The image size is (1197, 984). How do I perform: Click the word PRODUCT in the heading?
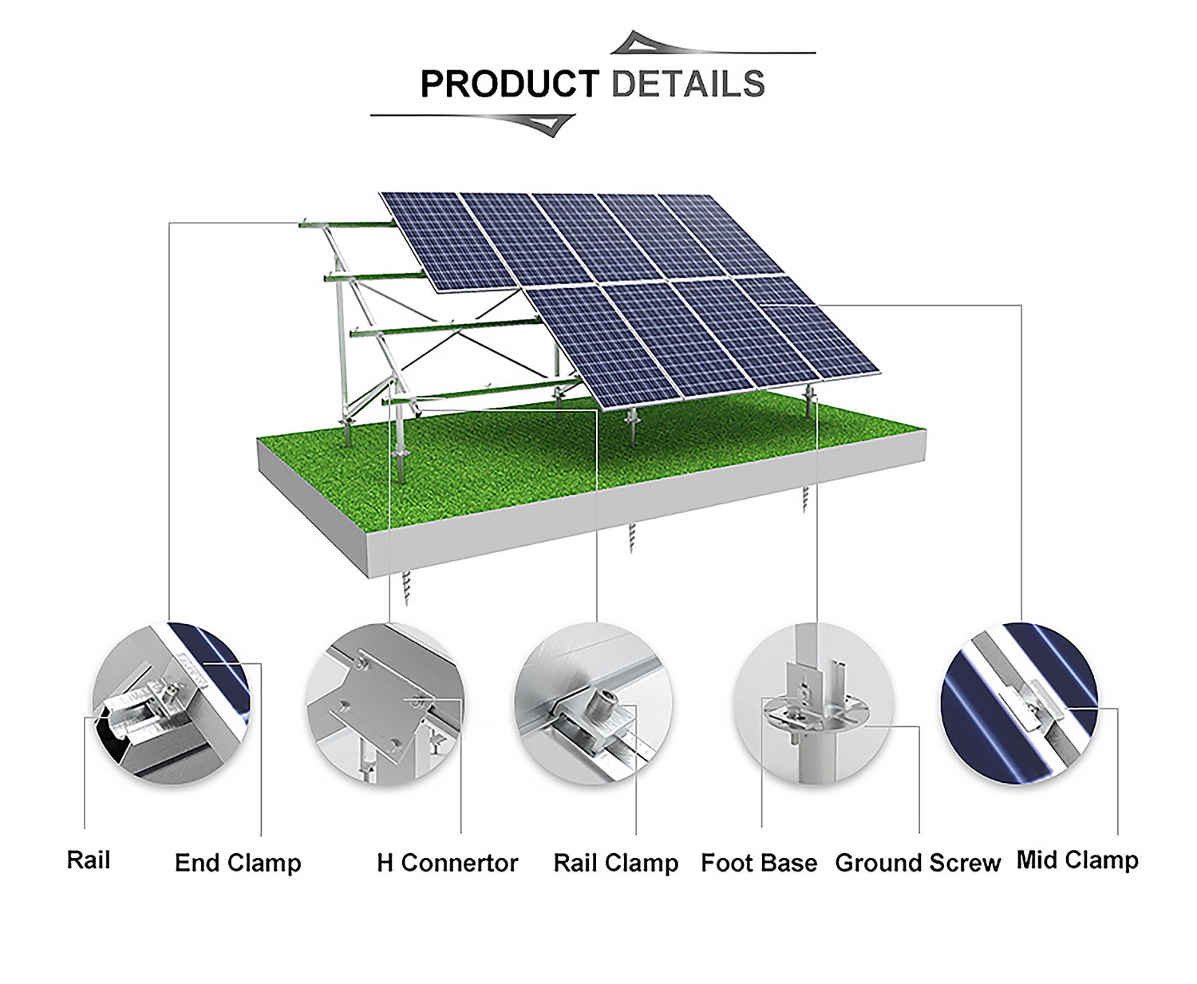pyautogui.click(x=510, y=84)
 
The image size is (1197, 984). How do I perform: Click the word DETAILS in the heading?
pyautogui.click(x=688, y=84)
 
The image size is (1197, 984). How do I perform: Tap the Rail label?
pyautogui.click(x=89, y=860)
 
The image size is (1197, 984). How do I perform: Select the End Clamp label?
pyautogui.click(x=238, y=863)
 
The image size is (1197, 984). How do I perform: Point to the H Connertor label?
pyautogui.click(x=447, y=863)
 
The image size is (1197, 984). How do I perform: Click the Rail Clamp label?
pyautogui.click(x=616, y=863)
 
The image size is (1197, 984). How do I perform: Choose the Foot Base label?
pyautogui.click(x=759, y=863)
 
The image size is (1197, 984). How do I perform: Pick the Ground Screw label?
pyautogui.click(x=918, y=863)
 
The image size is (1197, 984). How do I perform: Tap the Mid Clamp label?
pyautogui.click(x=1077, y=860)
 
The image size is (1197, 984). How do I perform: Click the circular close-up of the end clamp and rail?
pyautogui.click(x=171, y=704)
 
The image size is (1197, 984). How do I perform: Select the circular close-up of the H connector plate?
pyautogui.click(x=385, y=704)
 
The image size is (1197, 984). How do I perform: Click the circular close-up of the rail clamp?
pyautogui.click(x=594, y=704)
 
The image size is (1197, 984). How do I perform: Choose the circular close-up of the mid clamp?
pyautogui.click(x=1020, y=704)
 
